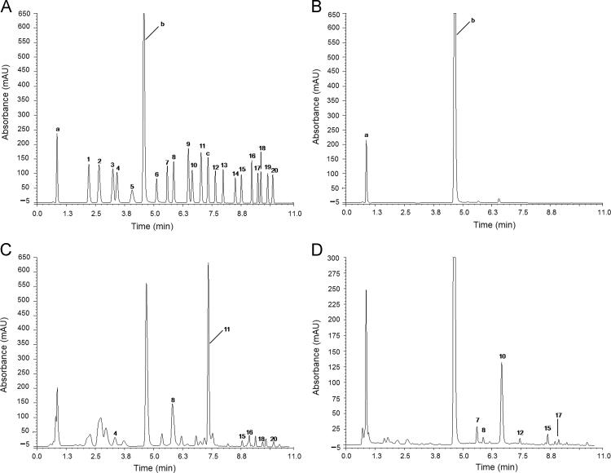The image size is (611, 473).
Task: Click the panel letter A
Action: click(7, 7)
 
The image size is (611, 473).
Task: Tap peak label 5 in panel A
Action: click(132, 187)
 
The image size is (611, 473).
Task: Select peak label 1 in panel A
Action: click(88, 159)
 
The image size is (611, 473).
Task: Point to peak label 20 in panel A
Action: click(275, 170)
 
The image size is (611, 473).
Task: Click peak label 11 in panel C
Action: click(227, 328)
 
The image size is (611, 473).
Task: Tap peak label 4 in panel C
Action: click(115, 433)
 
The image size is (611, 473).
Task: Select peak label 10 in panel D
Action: click(502, 356)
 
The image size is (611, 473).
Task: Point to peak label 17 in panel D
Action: click(558, 415)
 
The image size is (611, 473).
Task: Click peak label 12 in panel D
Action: click(520, 432)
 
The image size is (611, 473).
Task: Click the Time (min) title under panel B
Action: click(476, 224)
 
